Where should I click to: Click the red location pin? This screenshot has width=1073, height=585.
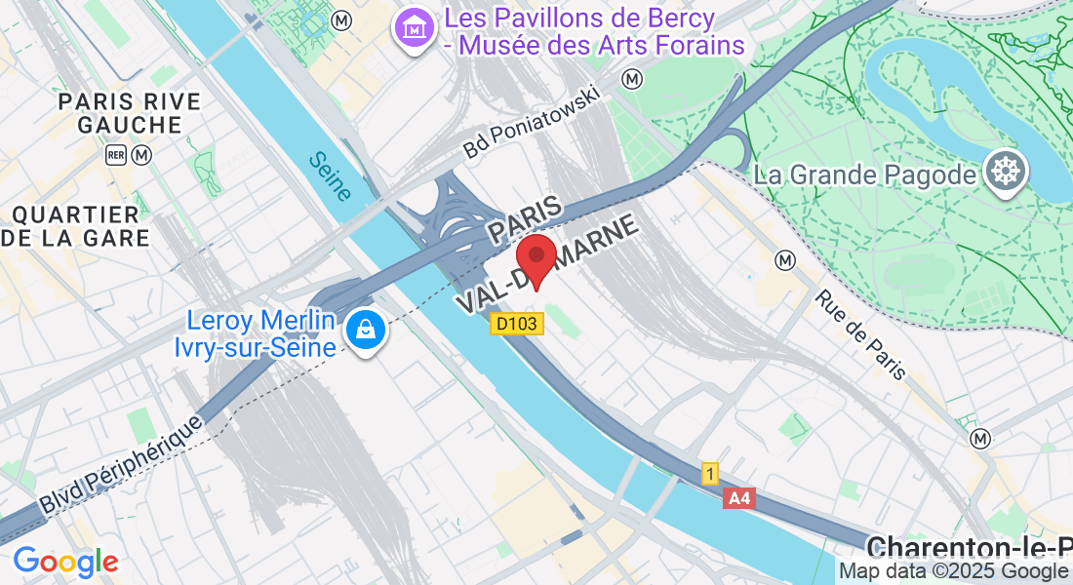click(536, 259)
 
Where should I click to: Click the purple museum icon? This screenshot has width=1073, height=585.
click(416, 31)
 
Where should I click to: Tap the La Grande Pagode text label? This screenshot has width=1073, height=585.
click(865, 175)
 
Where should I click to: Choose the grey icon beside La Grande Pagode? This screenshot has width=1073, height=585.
click(1006, 173)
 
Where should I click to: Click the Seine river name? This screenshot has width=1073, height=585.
click(329, 176)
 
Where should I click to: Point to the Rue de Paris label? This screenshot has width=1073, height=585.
click(861, 334)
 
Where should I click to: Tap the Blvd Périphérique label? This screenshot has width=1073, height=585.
click(121, 465)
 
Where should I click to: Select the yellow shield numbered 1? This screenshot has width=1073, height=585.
click(711, 474)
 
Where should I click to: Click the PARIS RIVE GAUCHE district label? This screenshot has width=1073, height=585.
click(130, 113)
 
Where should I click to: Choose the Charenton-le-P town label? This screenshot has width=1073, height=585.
click(968, 546)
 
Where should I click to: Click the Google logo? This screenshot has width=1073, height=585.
click(65, 562)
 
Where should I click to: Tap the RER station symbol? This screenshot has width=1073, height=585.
click(117, 155)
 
